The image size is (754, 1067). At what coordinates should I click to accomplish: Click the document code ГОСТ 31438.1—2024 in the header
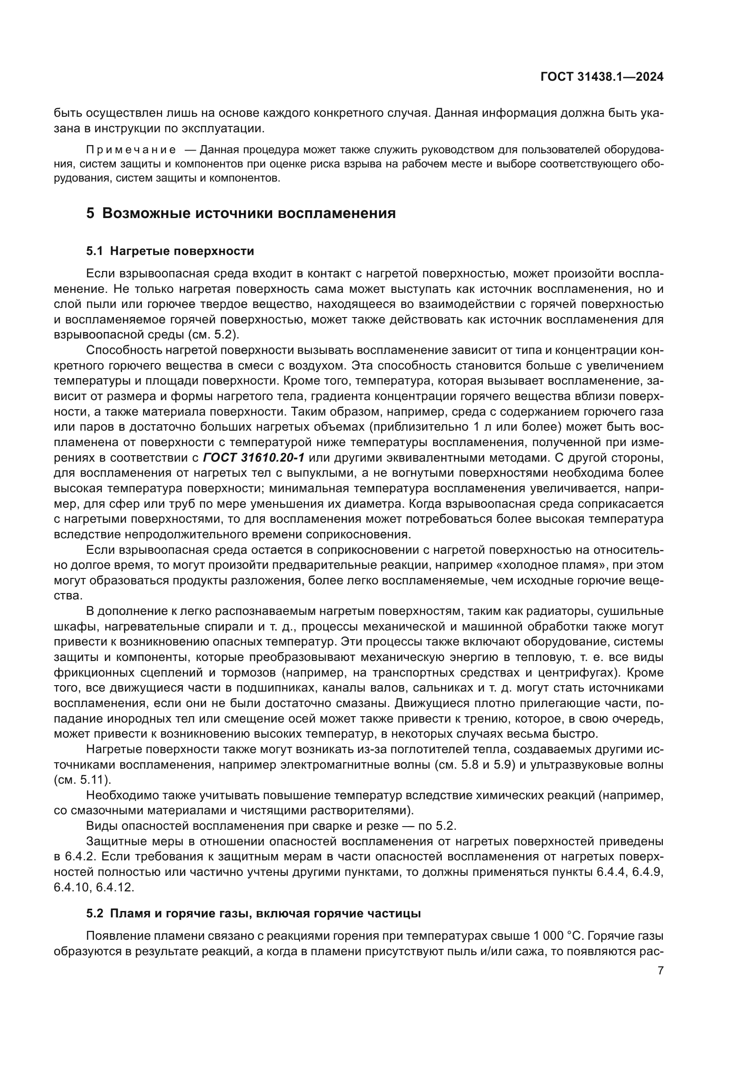click(602, 77)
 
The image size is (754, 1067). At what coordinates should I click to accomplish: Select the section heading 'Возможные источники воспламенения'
click(249, 213)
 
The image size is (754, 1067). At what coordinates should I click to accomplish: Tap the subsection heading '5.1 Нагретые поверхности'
click(170, 251)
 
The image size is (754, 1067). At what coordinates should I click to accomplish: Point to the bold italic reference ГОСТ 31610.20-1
click(253, 458)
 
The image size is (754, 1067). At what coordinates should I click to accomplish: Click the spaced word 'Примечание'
click(131, 150)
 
